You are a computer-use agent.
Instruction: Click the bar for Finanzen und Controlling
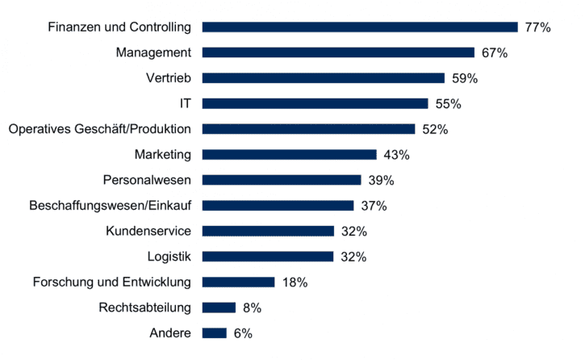(359, 27)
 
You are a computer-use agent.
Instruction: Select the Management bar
(338, 52)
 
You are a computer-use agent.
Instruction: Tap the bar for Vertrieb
(323, 78)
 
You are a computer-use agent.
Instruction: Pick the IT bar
(315, 103)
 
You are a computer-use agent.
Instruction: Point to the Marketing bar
(289, 154)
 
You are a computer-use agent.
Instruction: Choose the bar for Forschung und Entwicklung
(238, 282)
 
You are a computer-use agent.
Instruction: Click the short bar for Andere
(214, 333)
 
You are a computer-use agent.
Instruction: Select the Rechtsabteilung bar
(218, 308)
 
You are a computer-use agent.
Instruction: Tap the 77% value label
(537, 27)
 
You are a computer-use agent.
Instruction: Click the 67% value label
(493, 53)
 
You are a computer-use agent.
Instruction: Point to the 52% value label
(434, 129)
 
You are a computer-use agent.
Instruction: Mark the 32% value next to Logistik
(353, 257)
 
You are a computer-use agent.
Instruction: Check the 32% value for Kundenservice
(353, 232)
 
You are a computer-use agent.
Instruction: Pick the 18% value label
(294, 283)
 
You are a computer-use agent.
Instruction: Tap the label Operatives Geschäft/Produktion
(99, 129)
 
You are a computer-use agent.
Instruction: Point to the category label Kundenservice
(148, 231)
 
